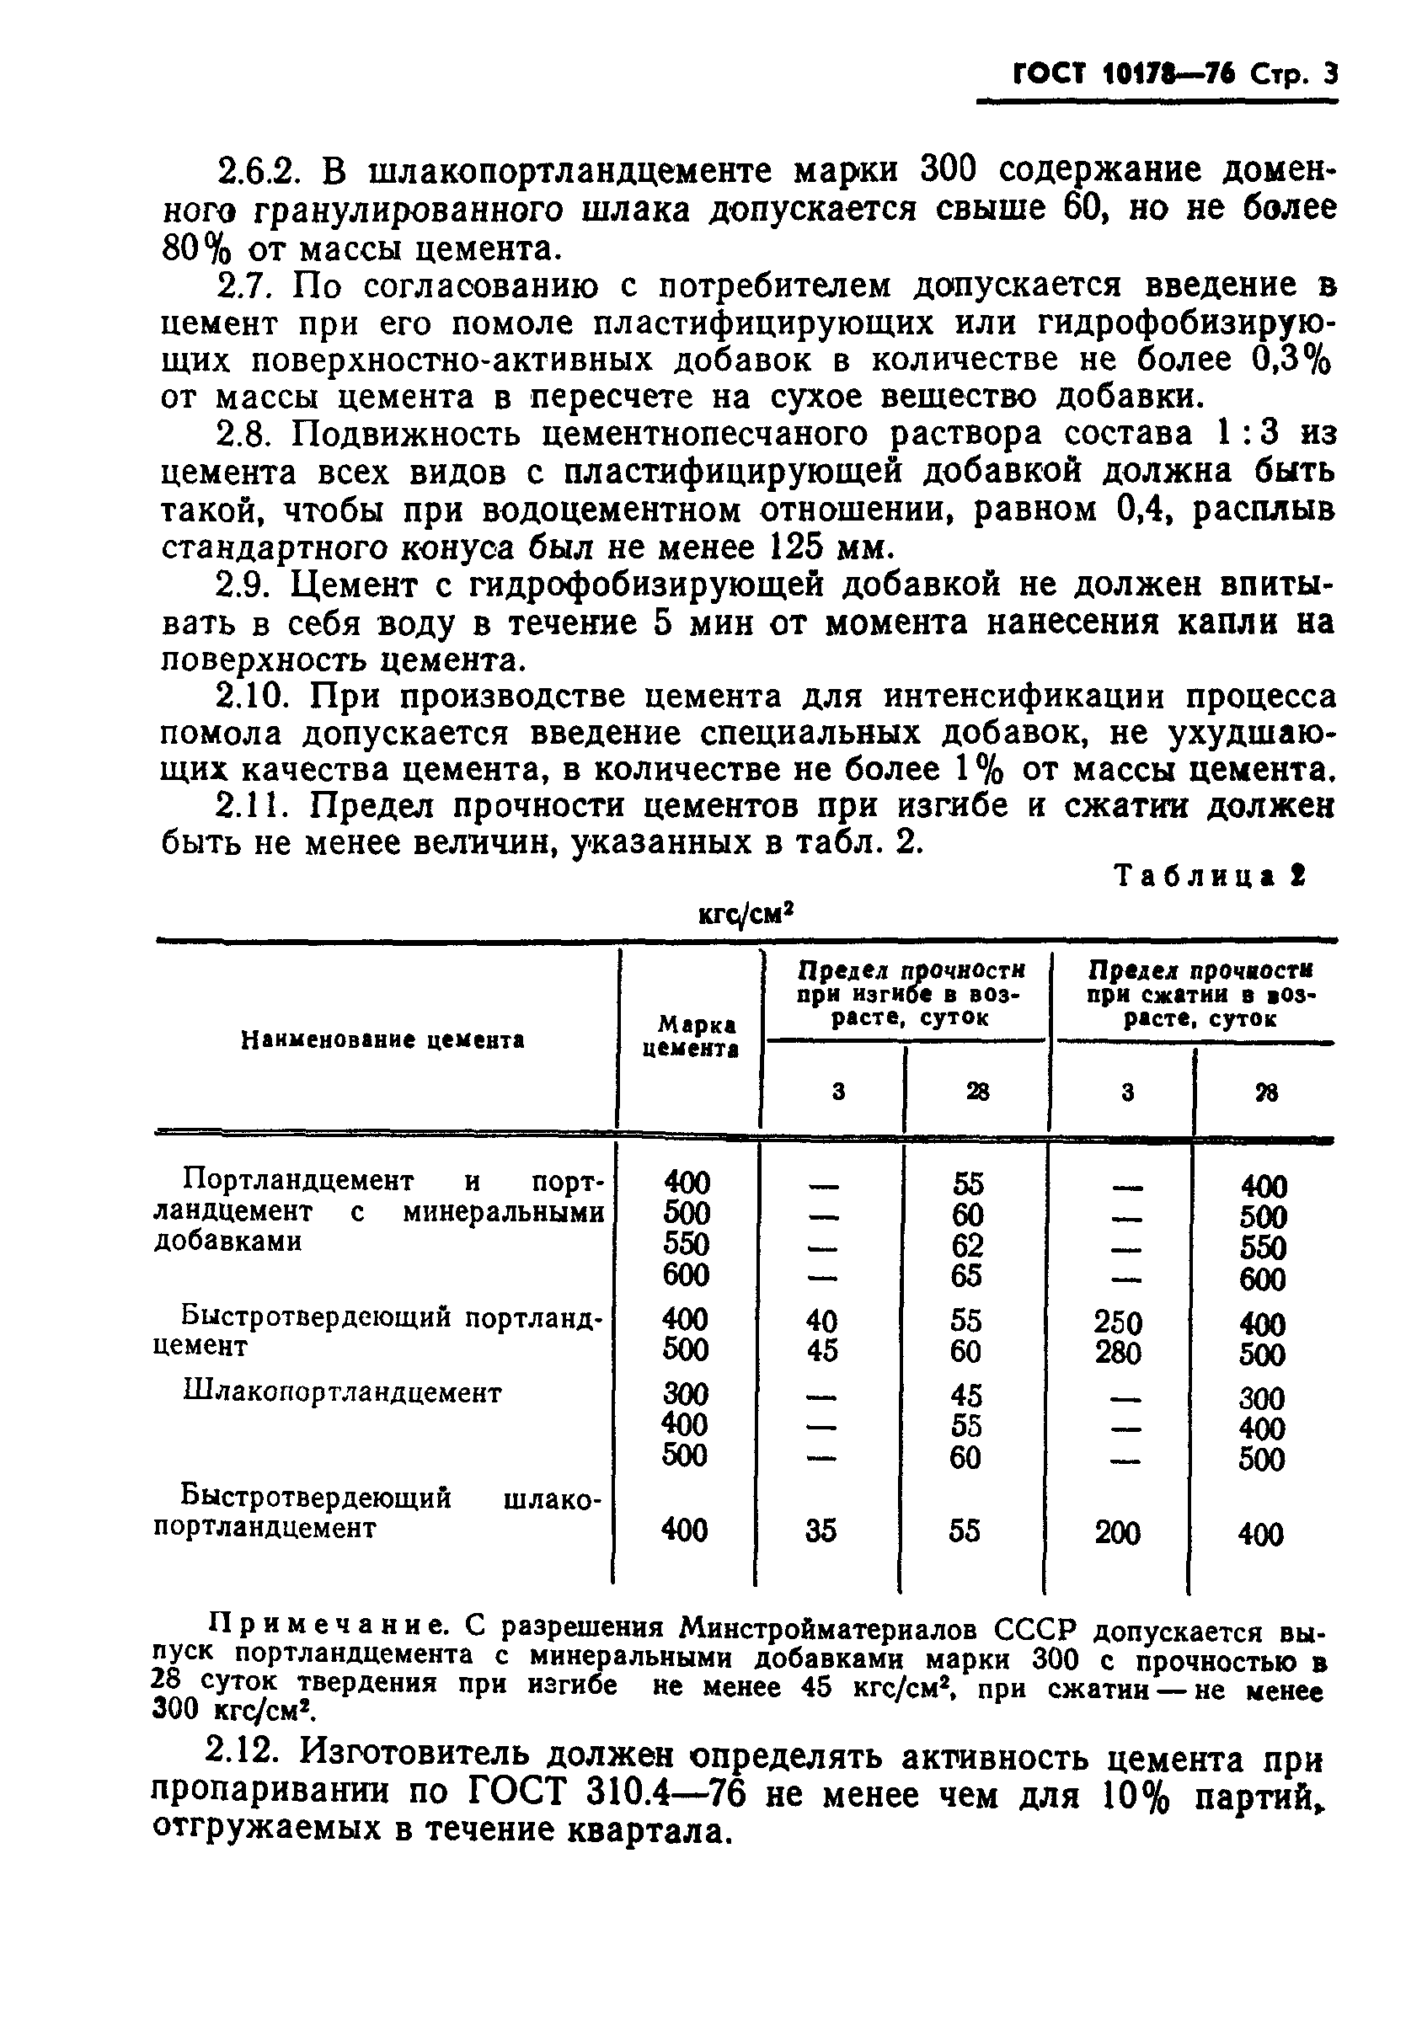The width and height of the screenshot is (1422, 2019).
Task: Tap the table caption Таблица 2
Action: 1209,877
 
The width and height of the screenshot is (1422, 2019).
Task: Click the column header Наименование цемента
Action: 382,1040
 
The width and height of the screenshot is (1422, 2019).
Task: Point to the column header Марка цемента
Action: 690,1037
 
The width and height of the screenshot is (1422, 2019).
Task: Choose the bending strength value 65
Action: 966,1276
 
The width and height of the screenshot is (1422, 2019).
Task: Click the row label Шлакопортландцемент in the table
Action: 342,1393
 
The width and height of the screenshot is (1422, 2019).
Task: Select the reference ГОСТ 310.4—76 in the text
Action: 607,1792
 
